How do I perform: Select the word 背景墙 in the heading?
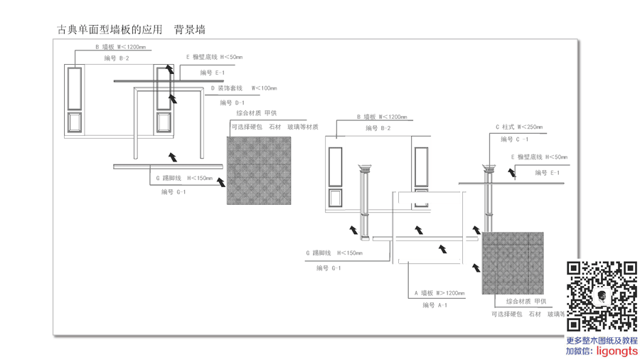(x=190, y=30)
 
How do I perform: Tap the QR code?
(x=602, y=297)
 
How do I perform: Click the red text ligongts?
(x=617, y=351)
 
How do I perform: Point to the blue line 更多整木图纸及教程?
(x=602, y=341)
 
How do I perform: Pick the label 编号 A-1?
(x=434, y=305)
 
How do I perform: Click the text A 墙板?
(x=424, y=293)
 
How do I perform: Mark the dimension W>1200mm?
(x=450, y=293)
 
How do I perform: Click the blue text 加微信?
(x=580, y=351)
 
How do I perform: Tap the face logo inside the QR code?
(x=601, y=297)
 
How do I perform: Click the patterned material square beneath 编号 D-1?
(x=259, y=171)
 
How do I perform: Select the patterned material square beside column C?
(x=513, y=263)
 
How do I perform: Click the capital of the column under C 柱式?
(x=489, y=169)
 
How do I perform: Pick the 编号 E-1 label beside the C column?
(x=547, y=173)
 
